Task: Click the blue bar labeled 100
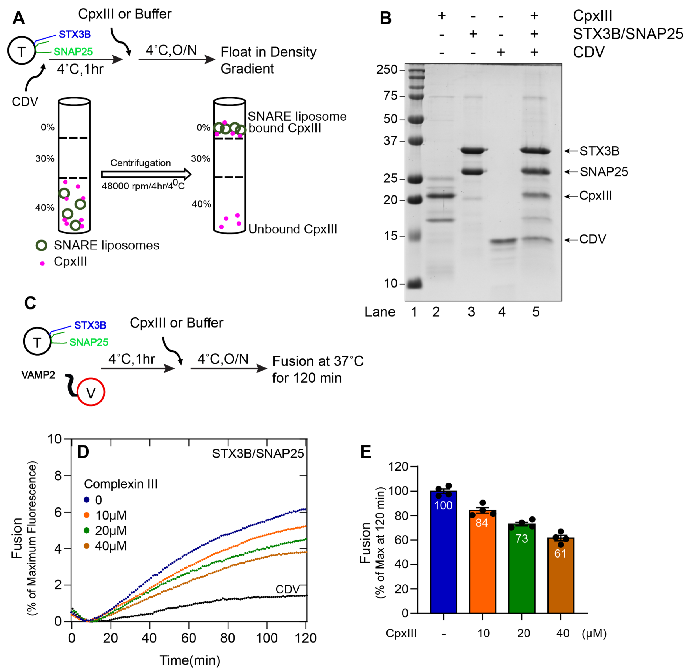tap(443, 553)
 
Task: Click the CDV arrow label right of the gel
tap(592, 239)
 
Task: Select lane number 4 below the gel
tap(502, 312)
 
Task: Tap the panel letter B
tap(386, 18)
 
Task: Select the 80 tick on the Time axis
tap(228, 638)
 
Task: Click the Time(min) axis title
tap(190, 660)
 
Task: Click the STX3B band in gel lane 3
tap(473, 151)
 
